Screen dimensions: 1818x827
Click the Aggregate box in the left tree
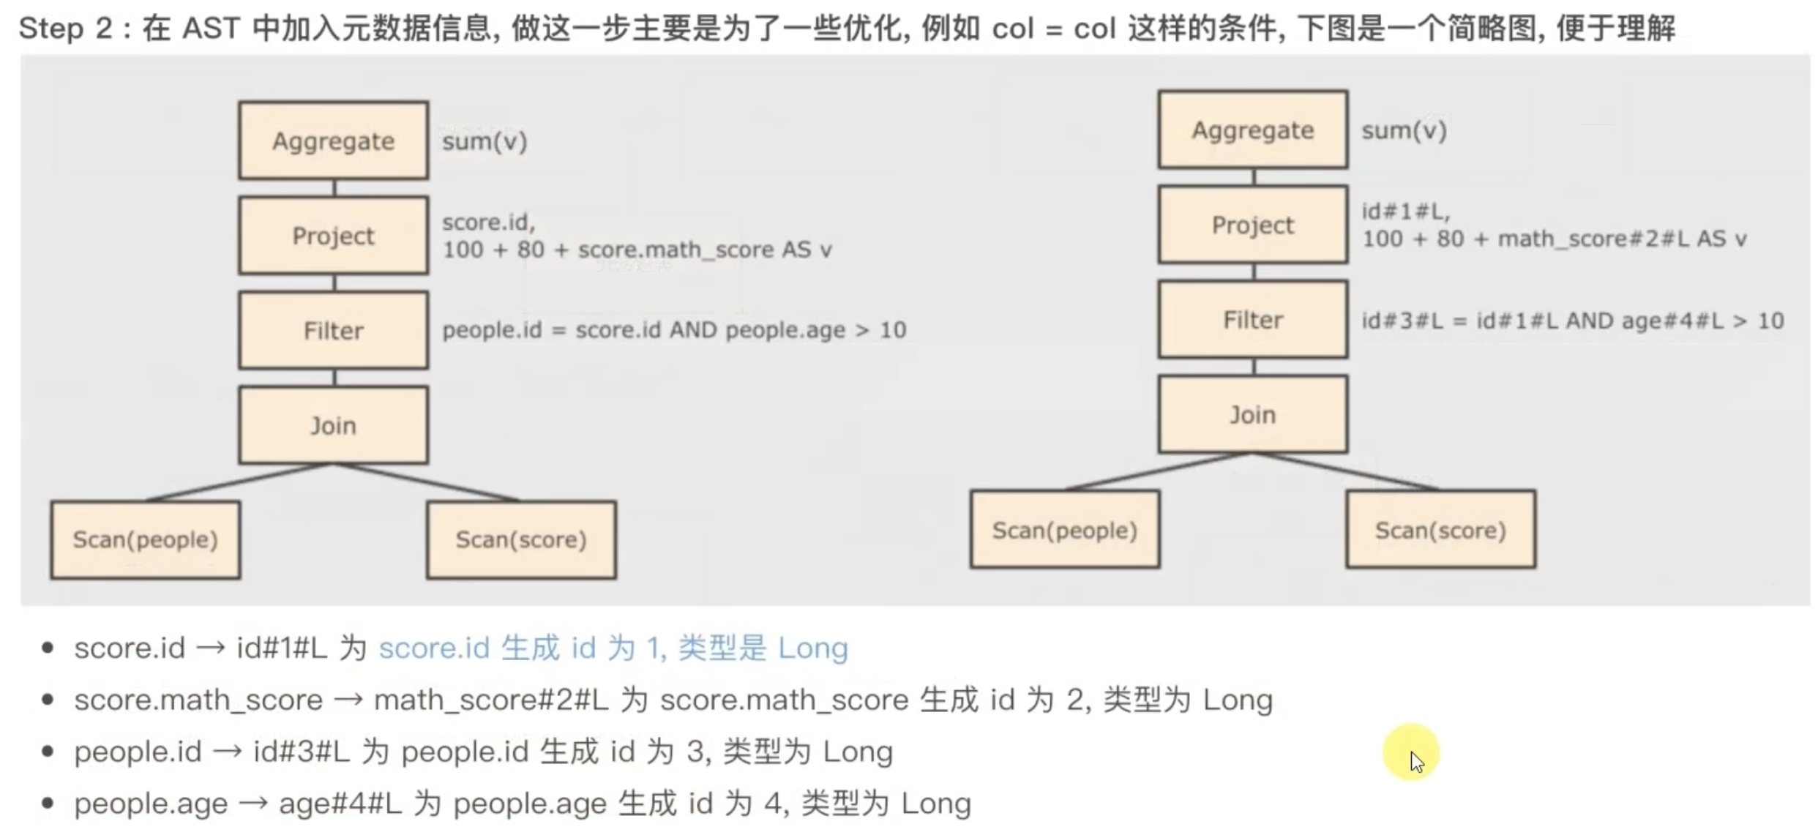pyautogui.click(x=333, y=141)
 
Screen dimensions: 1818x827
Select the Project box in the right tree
pyautogui.click(x=1252, y=225)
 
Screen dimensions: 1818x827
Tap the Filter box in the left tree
pyautogui.click(x=333, y=330)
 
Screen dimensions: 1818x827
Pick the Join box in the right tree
pyautogui.click(x=1252, y=414)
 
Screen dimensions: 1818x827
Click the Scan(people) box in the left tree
pyautogui.click(x=145, y=539)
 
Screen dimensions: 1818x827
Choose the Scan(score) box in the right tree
pyautogui.click(x=1440, y=530)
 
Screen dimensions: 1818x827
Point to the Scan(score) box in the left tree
pyautogui.click(x=521, y=539)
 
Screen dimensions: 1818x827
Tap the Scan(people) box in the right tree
pyautogui.click(x=1064, y=530)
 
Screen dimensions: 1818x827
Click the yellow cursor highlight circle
pyautogui.click(x=1410, y=752)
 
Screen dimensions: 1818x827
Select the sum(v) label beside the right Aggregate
pyautogui.click(x=1404, y=131)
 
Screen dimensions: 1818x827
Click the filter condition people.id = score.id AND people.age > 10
pyautogui.click(x=674, y=330)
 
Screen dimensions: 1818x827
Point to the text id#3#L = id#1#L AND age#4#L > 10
pyautogui.click(x=1572, y=321)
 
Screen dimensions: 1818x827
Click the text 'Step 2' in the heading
pyautogui.click(x=65, y=29)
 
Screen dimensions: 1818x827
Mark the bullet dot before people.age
pyautogui.click(x=48, y=804)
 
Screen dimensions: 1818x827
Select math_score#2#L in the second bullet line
pyautogui.click(x=491, y=700)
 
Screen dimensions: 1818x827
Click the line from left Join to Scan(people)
pyautogui.click(x=240, y=482)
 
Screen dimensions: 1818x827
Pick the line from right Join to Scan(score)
pyautogui.click(x=1345, y=471)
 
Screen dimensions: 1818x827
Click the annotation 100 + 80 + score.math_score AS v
pyautogui.click(x=637, y=250)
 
